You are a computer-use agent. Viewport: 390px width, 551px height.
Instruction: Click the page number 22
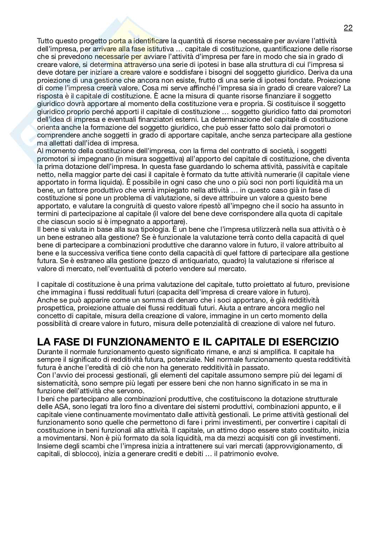tap(348, 28)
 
